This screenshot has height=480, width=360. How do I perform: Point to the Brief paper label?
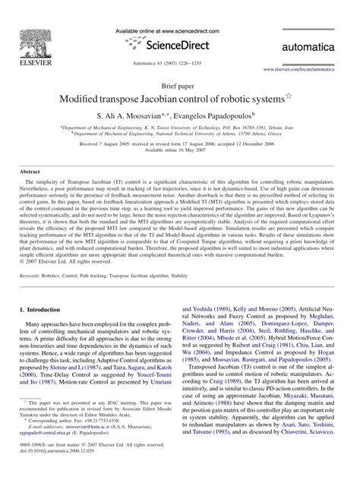[179, 88]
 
